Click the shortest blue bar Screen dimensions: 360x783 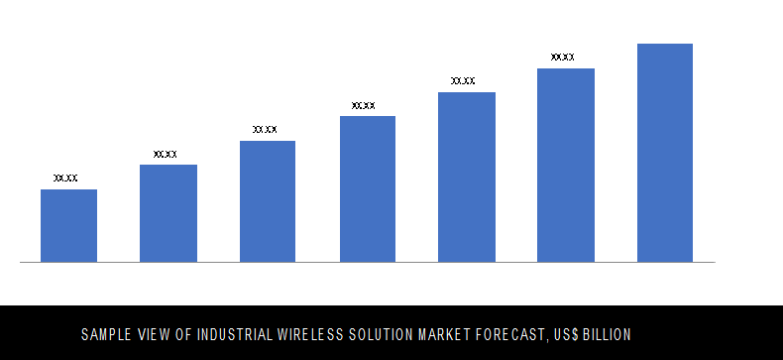(68, 225)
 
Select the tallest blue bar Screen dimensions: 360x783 (664, 153)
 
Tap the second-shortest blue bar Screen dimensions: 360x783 (168, 213)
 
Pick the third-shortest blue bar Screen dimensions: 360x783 (268, 201)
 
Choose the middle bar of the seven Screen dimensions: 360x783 (367, 188)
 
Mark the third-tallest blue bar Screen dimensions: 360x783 (466, 177)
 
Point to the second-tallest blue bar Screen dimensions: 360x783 (565, 165)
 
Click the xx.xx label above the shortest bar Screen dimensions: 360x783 (65, 179)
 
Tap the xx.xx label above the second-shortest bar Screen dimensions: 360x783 (166, 154)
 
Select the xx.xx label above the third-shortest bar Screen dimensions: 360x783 (265, 130)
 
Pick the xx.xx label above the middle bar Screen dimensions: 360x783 (364, 105)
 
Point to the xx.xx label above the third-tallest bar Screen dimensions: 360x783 (463, 81)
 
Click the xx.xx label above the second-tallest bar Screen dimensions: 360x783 (562, 58)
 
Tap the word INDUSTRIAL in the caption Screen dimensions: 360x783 (237, 334)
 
